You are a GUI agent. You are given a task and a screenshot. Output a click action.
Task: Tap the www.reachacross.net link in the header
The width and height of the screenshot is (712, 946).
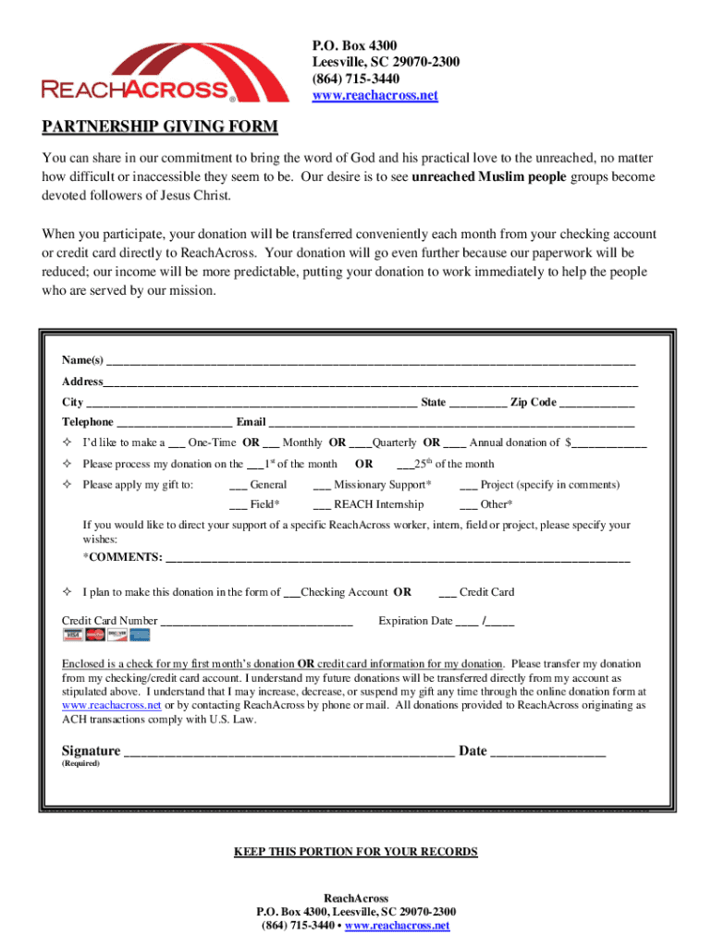(x=374, y=96)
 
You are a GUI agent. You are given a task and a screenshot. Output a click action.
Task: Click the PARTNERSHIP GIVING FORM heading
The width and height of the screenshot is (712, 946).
(x=159, y=126)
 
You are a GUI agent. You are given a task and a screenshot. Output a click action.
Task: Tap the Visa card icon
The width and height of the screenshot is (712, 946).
(x=72, y=635)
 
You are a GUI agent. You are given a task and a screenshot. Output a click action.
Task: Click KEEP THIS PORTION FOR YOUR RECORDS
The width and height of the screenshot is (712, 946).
(x=356, y=852)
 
